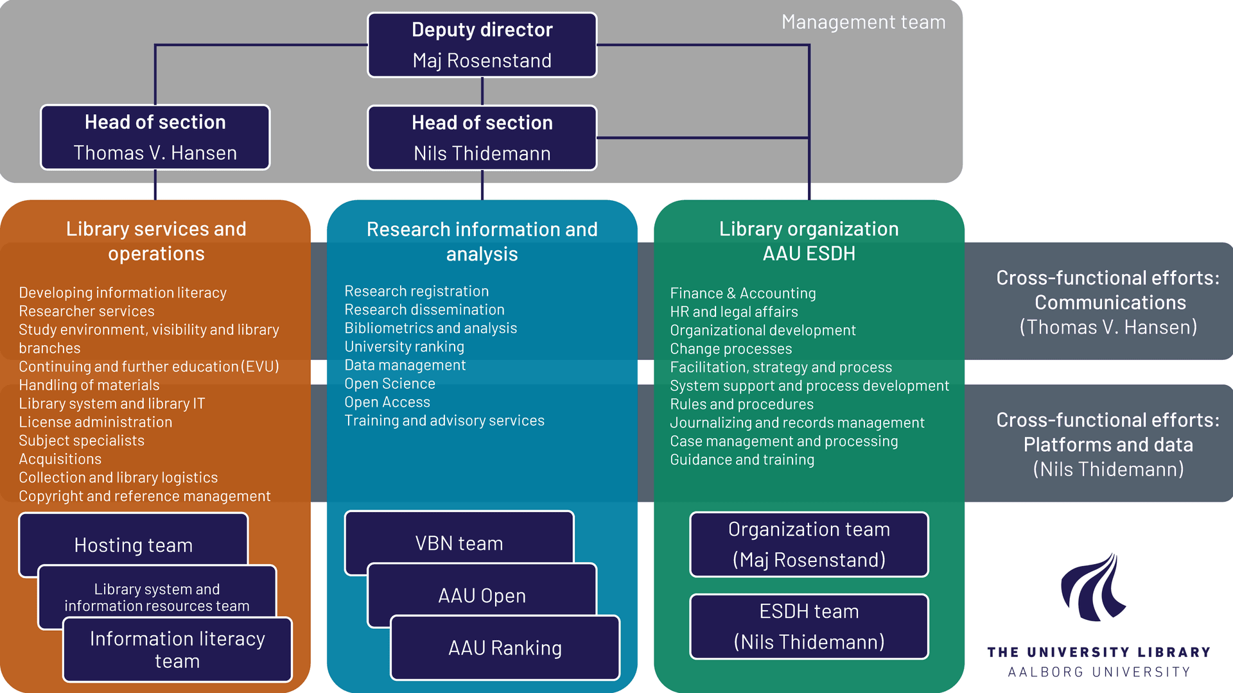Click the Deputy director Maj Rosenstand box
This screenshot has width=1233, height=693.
coord(482,45)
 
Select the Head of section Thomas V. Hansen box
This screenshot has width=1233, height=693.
coord(155,137)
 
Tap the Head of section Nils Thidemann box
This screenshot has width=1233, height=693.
coord(482,138)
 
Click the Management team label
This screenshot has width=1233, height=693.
coord(863,22)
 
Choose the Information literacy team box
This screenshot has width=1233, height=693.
coord(177,649)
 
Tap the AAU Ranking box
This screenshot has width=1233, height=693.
coord(505,647)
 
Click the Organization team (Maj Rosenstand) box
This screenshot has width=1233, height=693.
coord(809,544)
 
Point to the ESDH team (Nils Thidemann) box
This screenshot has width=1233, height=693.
coord(809,626)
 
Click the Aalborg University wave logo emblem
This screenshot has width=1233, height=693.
coord(1093,587)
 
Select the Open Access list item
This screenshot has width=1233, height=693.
coord(387,402)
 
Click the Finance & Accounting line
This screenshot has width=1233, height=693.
coord(742,293)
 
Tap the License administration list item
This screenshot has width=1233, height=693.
coord(95,422)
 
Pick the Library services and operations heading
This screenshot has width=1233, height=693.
coord(156,241)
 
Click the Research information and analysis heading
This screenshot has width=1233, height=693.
coord(482,241)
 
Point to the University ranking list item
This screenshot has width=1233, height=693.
coord(404,346)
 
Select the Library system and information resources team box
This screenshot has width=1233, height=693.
coord(157,597)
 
